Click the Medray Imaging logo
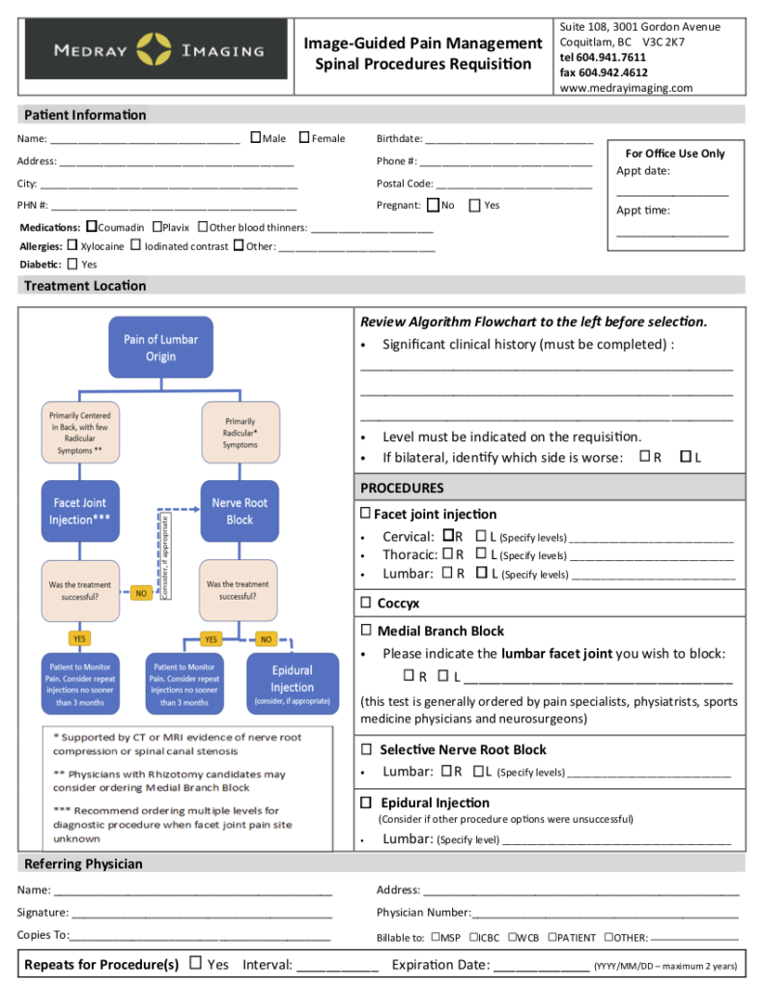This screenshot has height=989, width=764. click(x=156, y=49)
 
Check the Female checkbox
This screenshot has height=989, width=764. click(x=304, y=138)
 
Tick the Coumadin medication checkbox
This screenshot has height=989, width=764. click(x=92, y=227)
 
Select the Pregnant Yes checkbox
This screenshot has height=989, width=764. click(x=474, y=205)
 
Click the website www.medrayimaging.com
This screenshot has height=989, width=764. click(x=626, y=88)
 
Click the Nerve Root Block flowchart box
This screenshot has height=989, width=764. click(x=239, y=511)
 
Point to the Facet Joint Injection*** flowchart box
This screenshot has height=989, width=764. click(x=80, y=511)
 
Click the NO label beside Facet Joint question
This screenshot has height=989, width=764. click(x=141, y=594)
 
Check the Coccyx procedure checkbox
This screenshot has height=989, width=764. click(x=366, y=603)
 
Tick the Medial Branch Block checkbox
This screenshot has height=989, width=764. click(x=366, y=630)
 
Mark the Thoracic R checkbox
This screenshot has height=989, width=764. click(x=447, y=554)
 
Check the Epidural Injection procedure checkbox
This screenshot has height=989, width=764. click(x=367, y=803)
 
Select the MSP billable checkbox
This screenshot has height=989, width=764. click(x=437, y=937)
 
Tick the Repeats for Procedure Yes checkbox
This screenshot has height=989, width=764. click(x=196, y=963)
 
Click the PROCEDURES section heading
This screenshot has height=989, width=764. click(x=402, y=488)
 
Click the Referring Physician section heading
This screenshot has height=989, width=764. click(x=83, y=863)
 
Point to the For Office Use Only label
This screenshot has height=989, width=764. click(x=674, y=154)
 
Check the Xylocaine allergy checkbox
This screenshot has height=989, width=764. click(x=72, y=246)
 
